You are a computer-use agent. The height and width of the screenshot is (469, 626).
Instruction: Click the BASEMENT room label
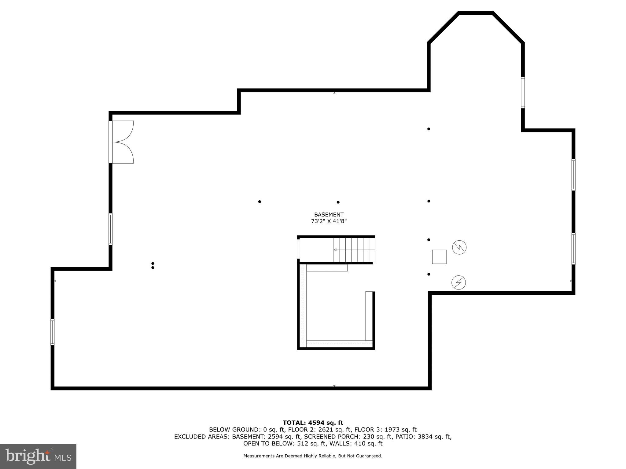coord(329,215)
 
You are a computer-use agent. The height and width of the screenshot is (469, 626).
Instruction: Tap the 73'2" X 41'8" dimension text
coord(329,221)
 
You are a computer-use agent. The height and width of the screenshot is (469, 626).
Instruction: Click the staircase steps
coord(355,250)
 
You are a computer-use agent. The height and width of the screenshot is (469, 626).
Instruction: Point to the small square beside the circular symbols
coord(439,257)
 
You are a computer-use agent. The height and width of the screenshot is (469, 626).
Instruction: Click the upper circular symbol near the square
coord(459,247)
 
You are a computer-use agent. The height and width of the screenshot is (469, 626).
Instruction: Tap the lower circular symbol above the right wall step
coord(458,282)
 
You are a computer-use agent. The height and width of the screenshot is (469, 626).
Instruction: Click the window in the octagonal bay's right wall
coord(523,93)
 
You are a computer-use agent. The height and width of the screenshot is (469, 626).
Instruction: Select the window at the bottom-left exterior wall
coord(53,332)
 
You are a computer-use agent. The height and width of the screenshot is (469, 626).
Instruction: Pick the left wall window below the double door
coord(110,229)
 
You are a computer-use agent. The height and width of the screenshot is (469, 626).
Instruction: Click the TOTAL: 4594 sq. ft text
coord(313,423)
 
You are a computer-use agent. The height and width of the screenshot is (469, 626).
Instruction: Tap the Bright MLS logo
coord(38,456)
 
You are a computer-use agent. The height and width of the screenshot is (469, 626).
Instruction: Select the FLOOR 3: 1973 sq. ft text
coord(385,430)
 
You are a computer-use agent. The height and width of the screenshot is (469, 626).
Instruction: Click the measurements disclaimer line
coord(313,456)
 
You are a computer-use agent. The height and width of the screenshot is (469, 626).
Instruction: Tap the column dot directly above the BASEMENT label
coord(338,202)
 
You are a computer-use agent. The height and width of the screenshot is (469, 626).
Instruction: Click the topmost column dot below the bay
coord(429,129)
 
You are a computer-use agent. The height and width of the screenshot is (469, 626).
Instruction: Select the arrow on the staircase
coord(335,250)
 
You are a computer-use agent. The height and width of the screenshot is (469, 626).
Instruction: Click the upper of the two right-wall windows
coord(573,175)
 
